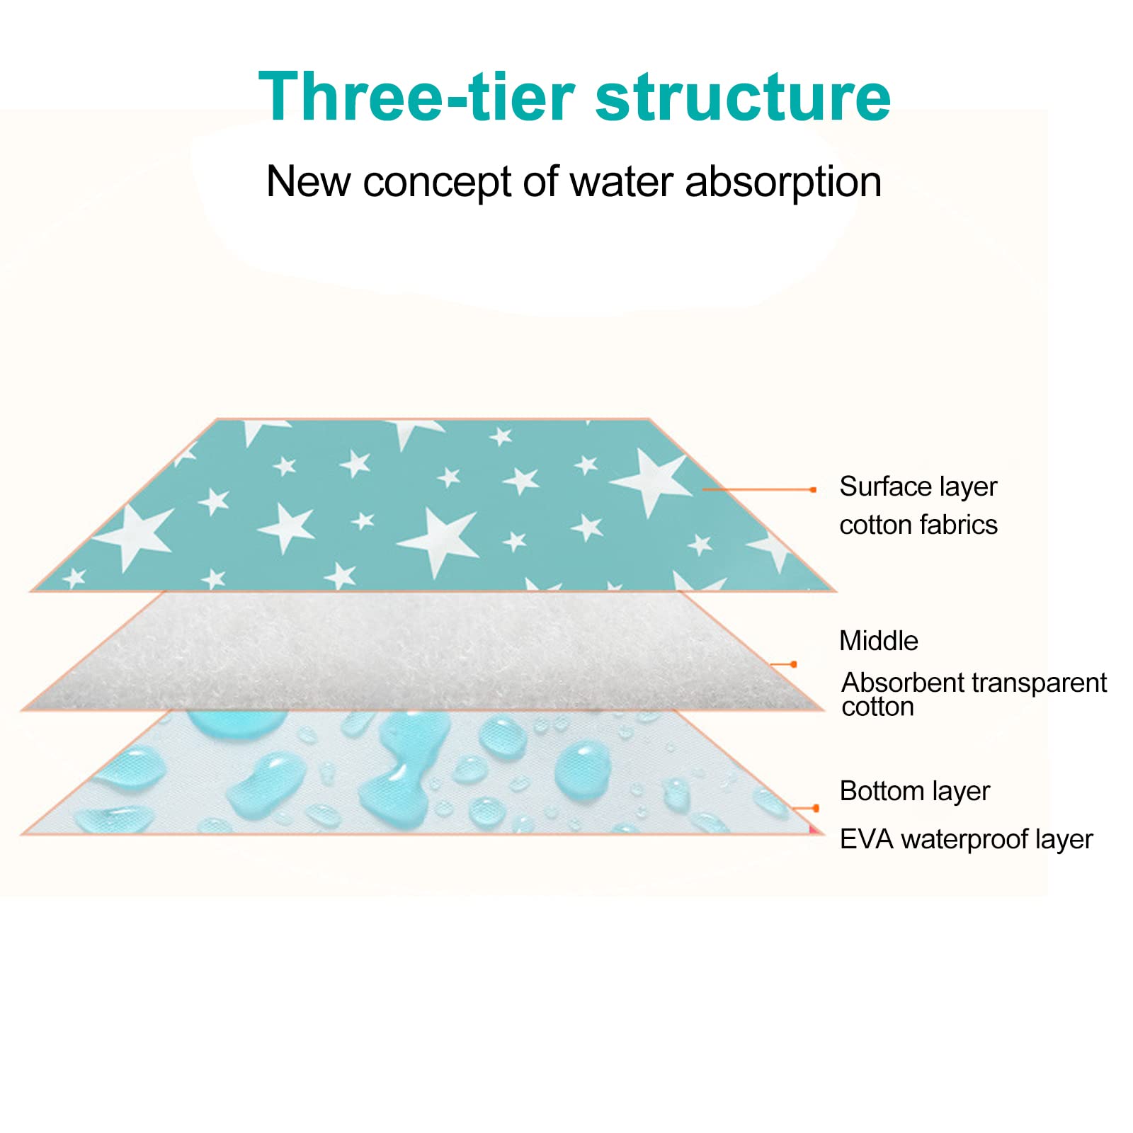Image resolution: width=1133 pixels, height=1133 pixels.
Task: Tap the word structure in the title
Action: click(743, 97)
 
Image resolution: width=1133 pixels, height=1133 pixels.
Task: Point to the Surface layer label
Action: click(918, 487)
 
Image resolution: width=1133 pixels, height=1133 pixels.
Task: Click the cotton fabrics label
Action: click(918, 525)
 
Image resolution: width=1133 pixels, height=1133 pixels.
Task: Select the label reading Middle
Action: click(879, 641)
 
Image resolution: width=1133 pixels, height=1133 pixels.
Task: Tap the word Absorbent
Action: click(894, 683)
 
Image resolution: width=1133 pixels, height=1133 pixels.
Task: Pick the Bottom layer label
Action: click(915, 791)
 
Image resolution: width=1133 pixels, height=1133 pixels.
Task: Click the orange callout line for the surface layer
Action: click(758, 489)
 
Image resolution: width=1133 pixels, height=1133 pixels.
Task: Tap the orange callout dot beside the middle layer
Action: click(794, 664)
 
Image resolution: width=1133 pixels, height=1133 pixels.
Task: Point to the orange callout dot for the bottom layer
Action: click(816, 808)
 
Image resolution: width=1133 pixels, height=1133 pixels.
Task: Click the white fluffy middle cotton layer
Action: click(423, 650)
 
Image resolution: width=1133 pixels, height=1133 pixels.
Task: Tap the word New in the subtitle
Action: click(308, 181)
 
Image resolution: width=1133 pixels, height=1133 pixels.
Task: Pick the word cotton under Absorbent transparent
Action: click(878, 707)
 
